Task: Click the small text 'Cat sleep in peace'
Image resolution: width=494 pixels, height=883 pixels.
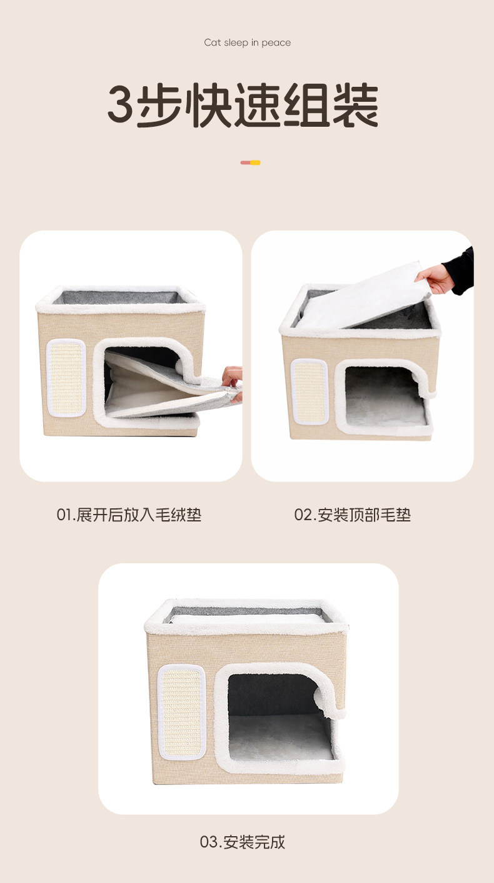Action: coord(247,42)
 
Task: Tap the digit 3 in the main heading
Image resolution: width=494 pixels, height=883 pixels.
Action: coord(121,104)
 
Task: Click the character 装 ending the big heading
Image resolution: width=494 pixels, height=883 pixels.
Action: coord(355,105)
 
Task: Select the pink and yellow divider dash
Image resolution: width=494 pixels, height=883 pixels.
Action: coord(250,162)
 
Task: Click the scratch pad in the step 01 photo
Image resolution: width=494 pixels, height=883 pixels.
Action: coord(66,378)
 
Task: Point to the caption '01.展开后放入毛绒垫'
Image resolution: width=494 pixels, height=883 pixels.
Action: coord(129,515)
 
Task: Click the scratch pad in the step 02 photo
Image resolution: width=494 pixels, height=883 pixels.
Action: coord(310,392)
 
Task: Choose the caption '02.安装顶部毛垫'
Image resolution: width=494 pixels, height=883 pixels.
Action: coord(353,515)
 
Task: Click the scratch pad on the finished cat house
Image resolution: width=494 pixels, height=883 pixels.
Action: coord(182,712)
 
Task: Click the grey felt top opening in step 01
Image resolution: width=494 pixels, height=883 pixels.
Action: coord(121,297)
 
